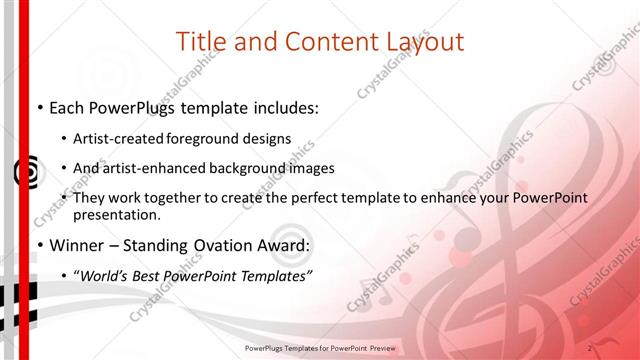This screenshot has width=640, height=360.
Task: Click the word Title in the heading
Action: pyautogui.click(x=200, y=42)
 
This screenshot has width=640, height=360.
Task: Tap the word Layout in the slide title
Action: pyautogui.click(x=425, y=42)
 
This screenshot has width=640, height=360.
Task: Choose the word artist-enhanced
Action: pyautogui.click(x=156, y=168)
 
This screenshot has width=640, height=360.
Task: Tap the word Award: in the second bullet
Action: pyautogui.click(x=283, y=245)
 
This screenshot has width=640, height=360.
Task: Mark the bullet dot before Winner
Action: pyautogui.click(x=38, y=246)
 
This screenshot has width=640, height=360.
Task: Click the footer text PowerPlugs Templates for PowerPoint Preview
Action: pyautogui.click(x=320, y=349)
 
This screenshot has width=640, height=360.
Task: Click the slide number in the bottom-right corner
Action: pyautogui.click(x=591, y=347)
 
